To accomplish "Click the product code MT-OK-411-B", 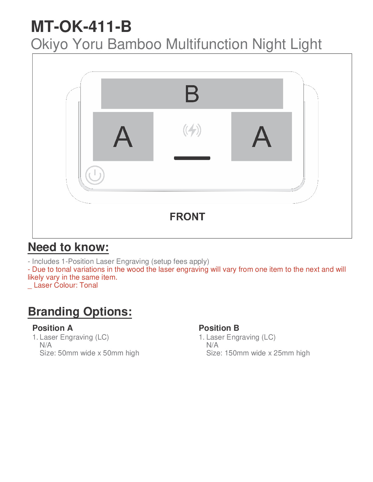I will (x=81, y=26).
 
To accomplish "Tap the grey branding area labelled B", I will (x=192, y=94).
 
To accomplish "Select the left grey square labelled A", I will (x=123, y=136).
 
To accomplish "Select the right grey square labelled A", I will (x=261, y=136).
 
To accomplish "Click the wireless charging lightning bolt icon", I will (x=192, y=131).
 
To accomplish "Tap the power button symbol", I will (x=95, y=175).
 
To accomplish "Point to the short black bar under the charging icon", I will (x=192, y=158).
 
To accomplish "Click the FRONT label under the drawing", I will (x=187, y=217).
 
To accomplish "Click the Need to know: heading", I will (x=68, y=247).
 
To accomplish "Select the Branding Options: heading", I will (x=80, y=312).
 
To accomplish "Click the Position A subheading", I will (x=53, y=328).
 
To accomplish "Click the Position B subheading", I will (x=219, y=328).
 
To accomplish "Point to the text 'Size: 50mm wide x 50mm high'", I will (x=89, y=353).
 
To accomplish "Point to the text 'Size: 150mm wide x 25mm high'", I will (x=258, y=353).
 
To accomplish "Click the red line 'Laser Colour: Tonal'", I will (x=66, y=285).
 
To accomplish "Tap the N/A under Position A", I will (x=46, y=345).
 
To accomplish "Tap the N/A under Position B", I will (x=212, y=345).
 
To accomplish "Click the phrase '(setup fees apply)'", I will (x=180, y=261).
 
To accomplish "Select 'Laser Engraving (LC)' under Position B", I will (x=241, y=337).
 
